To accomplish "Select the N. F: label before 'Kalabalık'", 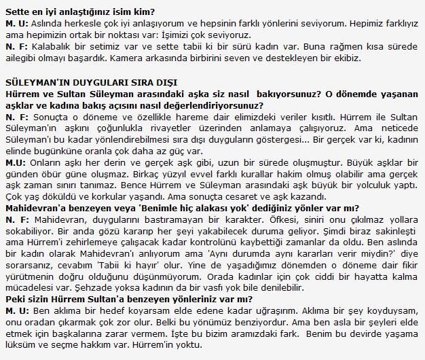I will coord(17,47).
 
